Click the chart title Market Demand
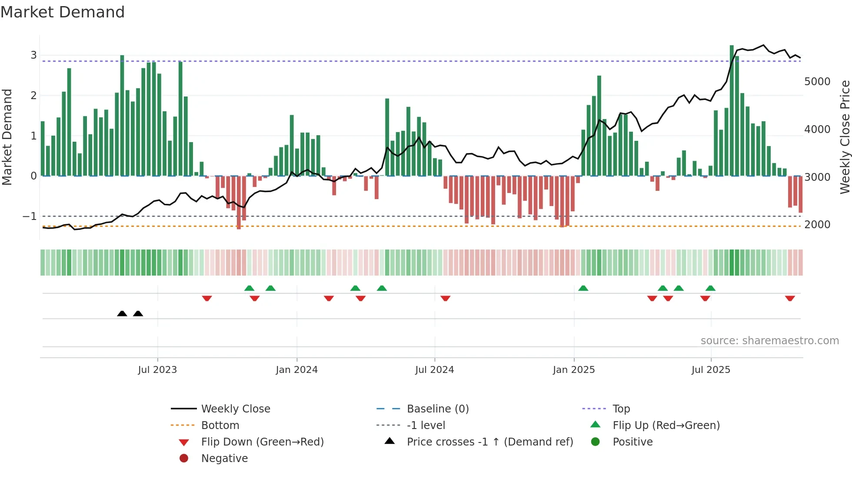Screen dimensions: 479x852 click(63, 12)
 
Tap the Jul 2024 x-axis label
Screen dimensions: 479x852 click(434, 369)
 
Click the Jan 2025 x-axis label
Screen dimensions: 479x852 click(574, 369)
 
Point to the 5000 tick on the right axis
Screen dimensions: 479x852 click(817, 82)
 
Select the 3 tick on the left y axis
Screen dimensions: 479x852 click(33, 55)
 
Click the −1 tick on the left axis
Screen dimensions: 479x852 click(30, 216)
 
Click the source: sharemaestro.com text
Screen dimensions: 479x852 click(769, 340)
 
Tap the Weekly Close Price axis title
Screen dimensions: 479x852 click(845, 137)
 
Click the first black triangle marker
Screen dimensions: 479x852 click(122, 313)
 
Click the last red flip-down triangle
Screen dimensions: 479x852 click(790, 298)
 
